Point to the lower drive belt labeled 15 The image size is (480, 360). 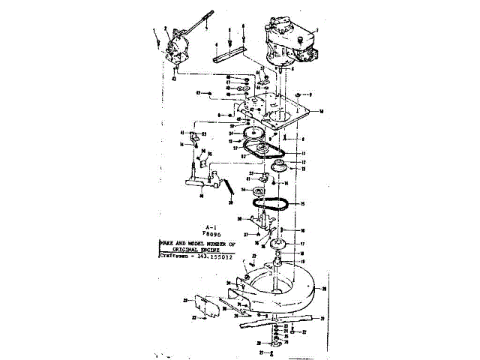point(271,202)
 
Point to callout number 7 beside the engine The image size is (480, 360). point(318,31)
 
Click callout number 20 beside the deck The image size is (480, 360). point(325,288)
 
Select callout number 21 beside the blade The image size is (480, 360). point(322,319)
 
